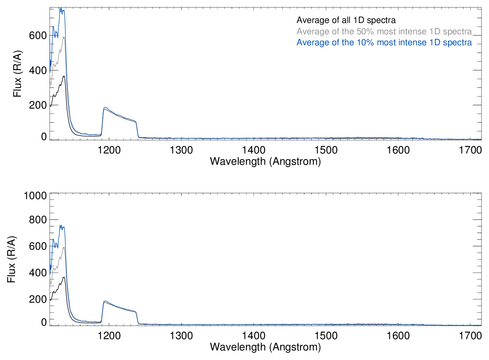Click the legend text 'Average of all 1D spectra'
346,20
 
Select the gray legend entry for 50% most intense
384,31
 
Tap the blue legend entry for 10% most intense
384,42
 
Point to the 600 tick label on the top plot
38,35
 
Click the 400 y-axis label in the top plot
38,70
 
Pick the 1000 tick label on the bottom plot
35,196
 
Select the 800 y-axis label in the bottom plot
38,220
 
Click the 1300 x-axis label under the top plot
182,150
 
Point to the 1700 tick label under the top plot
470,150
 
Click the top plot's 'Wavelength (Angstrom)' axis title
265,161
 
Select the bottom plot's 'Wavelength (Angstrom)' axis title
265,347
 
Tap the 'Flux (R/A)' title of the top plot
17,74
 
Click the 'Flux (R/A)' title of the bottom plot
11,259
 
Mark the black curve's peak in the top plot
64,76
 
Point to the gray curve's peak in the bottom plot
64,247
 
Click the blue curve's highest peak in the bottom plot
61,225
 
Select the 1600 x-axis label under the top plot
398,150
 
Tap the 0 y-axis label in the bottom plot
44,322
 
